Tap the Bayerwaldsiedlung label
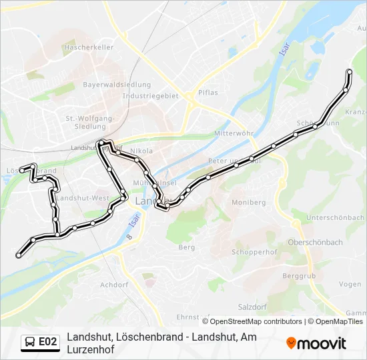(117, 85)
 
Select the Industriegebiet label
(151, 95)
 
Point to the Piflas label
(208, 93)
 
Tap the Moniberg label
(248, 202)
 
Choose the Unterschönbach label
(334, 218)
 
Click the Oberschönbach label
(314, 242)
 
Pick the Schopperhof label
(254, 253)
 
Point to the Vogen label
(350, 284)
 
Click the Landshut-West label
(83, 198)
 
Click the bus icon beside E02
(30, 342)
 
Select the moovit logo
(316, 343)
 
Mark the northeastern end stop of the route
(349, 72)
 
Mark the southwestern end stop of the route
(19, 255)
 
